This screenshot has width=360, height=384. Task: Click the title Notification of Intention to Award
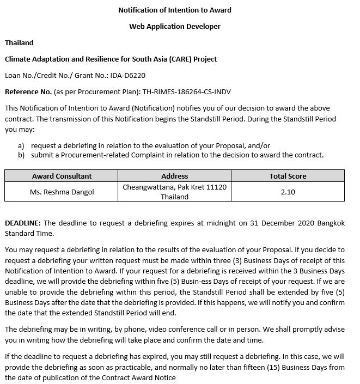tap(174, 10)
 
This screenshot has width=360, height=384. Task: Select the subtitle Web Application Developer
tap(174, 26)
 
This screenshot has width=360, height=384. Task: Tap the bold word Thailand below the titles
tap(19, 42)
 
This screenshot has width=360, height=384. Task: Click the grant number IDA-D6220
tap(127, 75)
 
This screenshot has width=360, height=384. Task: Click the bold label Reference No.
tap(28, 92)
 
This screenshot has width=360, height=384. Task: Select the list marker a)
tap(21, 145)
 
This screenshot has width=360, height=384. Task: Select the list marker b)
tap(21, 155)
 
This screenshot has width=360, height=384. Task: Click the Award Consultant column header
tap(62, 176)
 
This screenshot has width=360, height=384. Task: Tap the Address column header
tap(174, 176)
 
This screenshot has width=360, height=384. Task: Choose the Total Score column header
tap(288, 176)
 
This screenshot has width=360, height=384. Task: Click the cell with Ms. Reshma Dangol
tap(62, 192)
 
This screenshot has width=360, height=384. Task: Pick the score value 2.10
tap(288, 192)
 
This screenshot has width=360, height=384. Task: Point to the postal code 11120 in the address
tap(216, 187)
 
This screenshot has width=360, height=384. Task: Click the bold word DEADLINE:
tap(23, 223)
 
